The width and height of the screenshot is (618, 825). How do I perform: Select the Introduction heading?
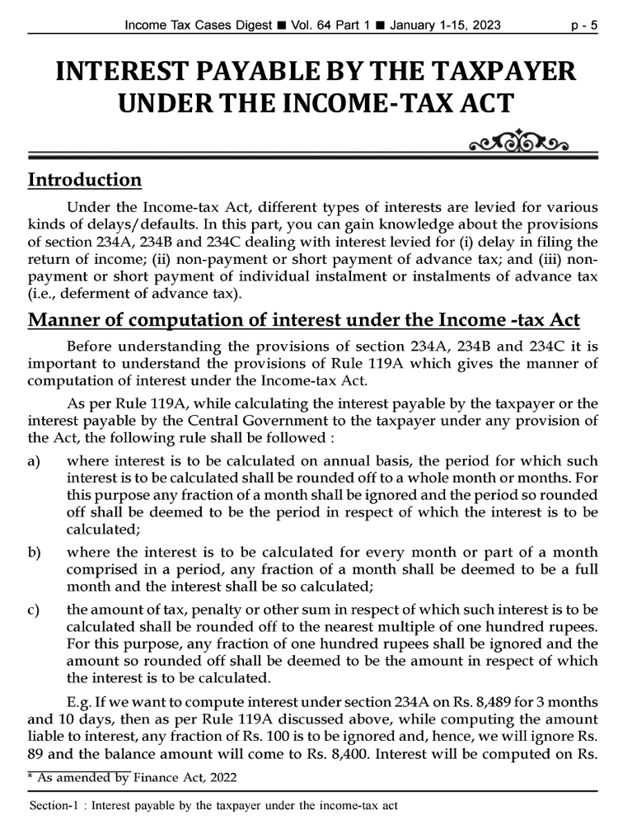click(85, 180)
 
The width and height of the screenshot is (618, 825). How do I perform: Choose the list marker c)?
click(34, 610)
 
